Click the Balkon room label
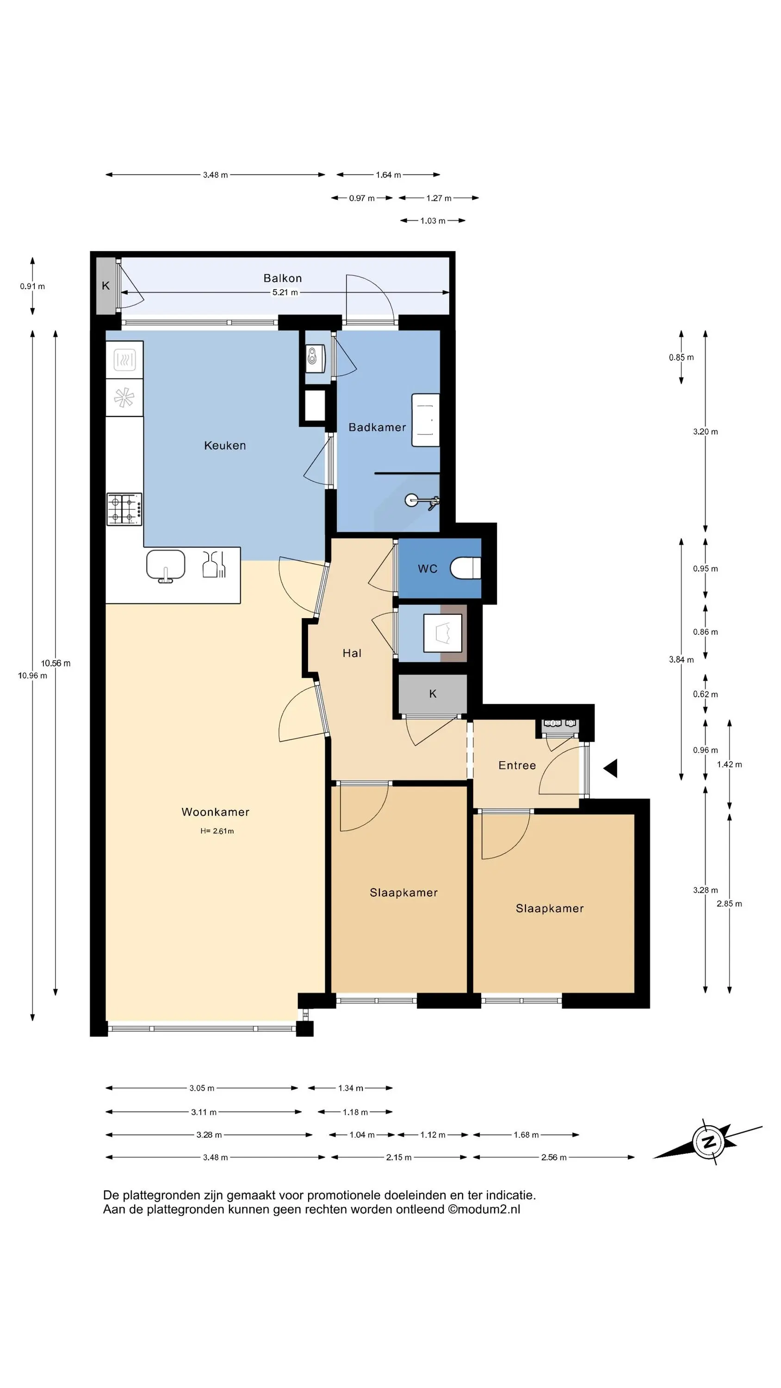(282, 278)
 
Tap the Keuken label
(225, 446)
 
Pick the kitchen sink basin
(166, 566)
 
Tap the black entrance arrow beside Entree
(610, 768)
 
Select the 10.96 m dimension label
(32, 675)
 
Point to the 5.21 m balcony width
(285, 292)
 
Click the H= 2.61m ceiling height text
(217, 831)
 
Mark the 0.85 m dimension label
(681, 357)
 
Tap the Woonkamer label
(215, 812)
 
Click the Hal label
(352, 653)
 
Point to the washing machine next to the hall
(442, 633)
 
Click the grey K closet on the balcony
(105, 285)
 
